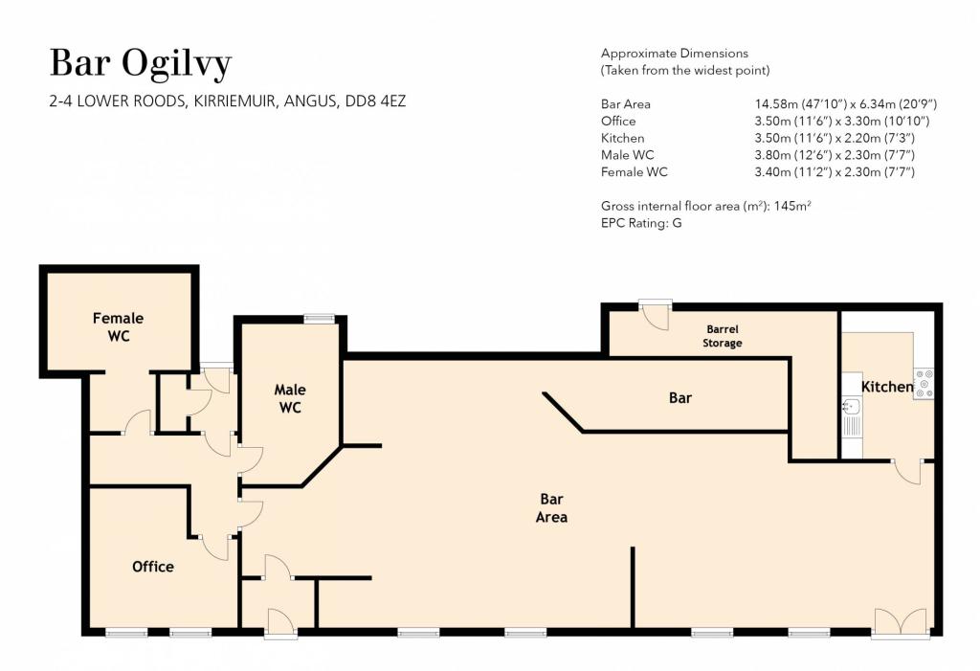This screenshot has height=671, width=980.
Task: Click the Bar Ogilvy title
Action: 141,64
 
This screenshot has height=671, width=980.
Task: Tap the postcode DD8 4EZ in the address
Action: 375,101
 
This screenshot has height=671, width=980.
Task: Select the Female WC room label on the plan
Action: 118,327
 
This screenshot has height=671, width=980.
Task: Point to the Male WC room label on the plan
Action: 290,398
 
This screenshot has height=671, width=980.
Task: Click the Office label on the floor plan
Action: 153,567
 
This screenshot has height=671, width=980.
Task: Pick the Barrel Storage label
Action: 723,336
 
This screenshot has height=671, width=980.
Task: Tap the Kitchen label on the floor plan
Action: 887,387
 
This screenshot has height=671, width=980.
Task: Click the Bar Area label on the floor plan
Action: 551,507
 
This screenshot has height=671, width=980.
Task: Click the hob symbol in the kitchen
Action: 924,384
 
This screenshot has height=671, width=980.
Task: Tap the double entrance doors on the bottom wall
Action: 901,623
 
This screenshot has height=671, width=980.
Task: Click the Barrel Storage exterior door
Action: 656,315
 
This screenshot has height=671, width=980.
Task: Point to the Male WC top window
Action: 319,319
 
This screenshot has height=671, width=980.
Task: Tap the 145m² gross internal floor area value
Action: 792,206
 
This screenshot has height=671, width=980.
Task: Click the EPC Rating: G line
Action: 641,223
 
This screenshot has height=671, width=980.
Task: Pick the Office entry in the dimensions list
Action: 618,122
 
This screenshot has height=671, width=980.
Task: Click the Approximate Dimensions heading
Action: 675,54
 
